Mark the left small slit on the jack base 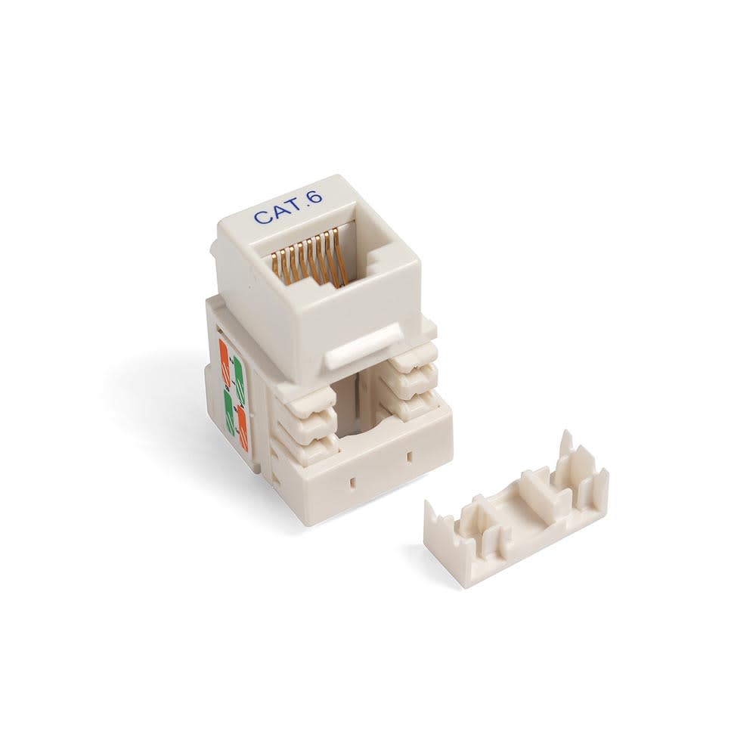pos(350,479)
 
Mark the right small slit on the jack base pos(410,456)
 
